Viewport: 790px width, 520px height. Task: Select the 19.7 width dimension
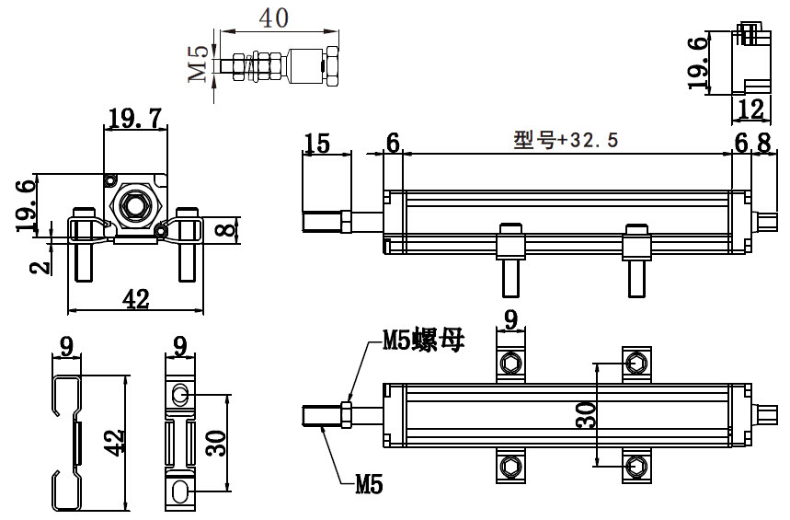pyautogui.click(x=135, y=119)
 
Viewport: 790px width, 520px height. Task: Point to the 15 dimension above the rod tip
pyautogui.click(x=317, y=143)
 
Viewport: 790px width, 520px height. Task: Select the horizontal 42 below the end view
pyautogui.click(x=135, y=299)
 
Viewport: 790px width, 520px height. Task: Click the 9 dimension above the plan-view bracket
pyautogui.click(x=510, y=320)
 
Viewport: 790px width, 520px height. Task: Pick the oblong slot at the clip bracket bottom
pyautogui.click(x=180, y=489)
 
